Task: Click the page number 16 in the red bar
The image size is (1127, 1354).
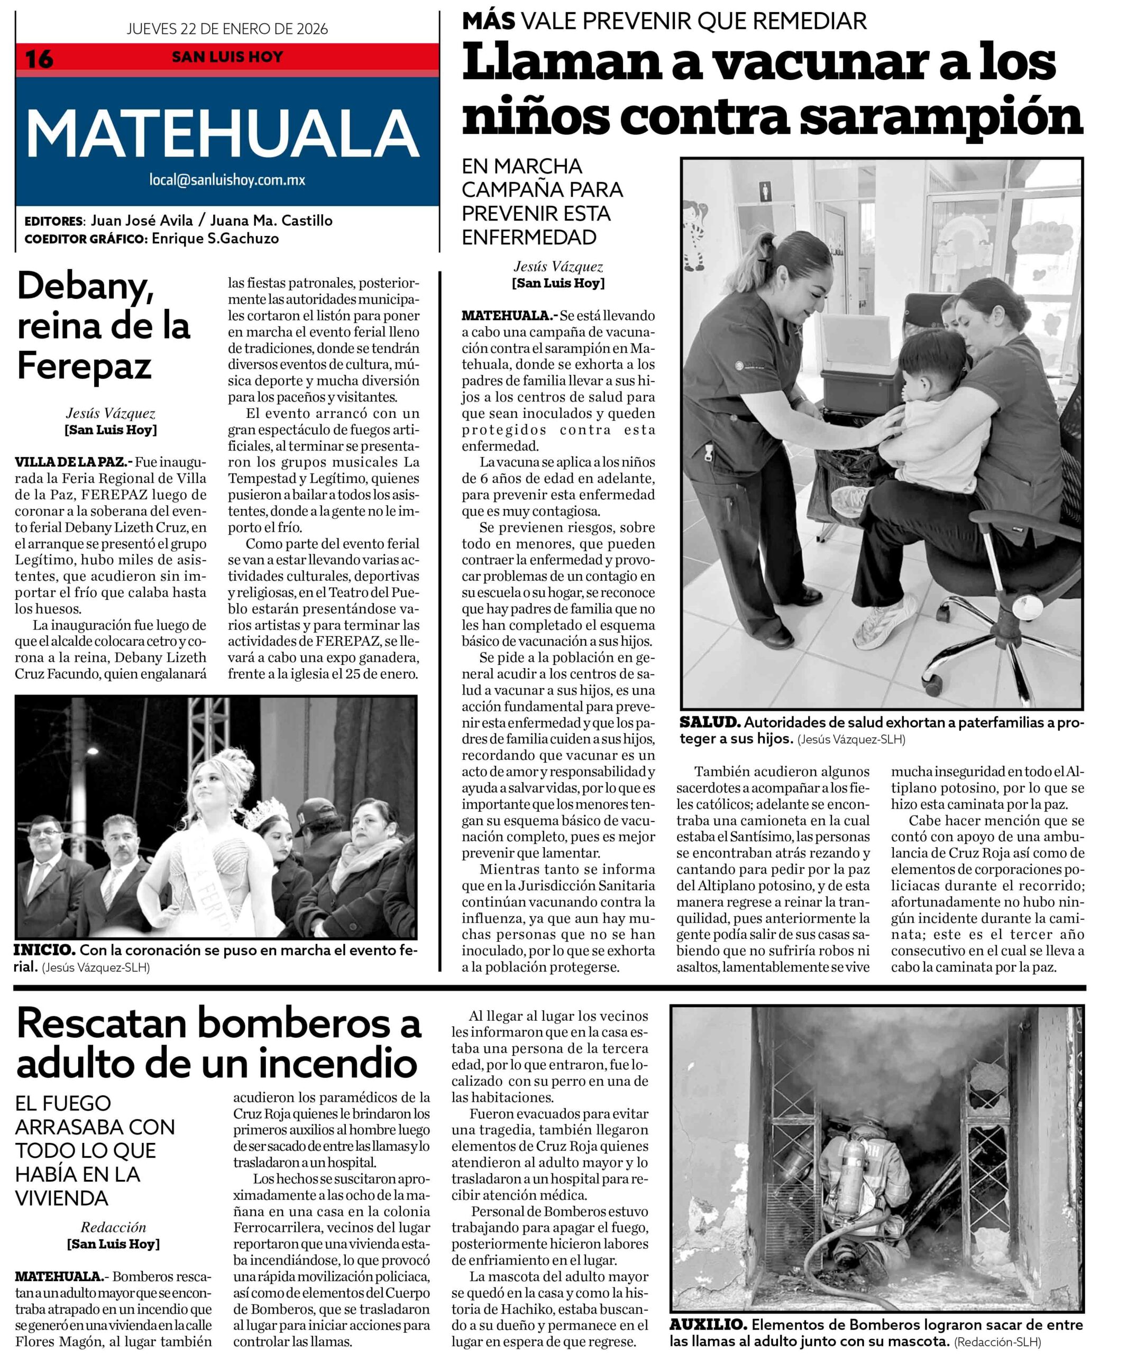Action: tap(39, 59)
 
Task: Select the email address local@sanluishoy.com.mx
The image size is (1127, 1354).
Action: tap(227, 180)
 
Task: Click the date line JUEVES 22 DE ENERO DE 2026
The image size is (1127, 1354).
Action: tap(227, 29)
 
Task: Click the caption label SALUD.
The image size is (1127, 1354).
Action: tap(710, 723)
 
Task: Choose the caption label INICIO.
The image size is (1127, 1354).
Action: tap(44, 950)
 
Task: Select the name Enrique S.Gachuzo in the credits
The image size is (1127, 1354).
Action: tap(215, 239)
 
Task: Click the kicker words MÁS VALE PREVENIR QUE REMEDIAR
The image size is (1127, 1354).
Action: tap(664, 21)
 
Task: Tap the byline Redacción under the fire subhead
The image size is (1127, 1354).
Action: tap(114, 1227)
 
